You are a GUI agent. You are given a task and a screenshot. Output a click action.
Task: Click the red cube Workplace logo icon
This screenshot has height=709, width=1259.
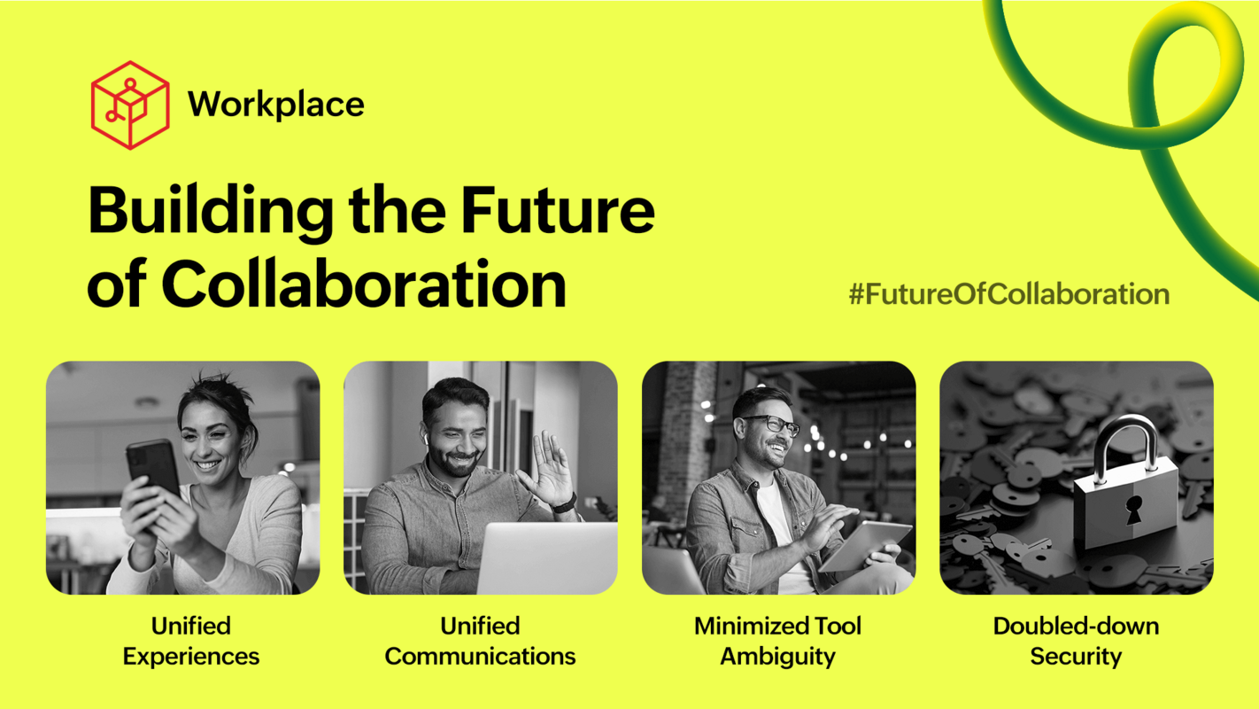pos(129,105)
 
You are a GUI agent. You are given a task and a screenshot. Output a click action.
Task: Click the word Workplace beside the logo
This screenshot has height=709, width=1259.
pos(275,105)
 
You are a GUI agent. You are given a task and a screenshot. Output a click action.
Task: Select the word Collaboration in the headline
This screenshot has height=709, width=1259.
pos(363,285)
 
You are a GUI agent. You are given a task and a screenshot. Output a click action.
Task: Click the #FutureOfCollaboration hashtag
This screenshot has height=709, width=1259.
pos(1008,294)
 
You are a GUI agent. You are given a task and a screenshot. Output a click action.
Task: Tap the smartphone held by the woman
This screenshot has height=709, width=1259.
pos(151,466)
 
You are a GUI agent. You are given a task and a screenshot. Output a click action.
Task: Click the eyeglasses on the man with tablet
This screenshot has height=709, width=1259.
pos(771,425)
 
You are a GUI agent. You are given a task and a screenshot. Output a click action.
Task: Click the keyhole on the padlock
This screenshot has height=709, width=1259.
pos(1132,510)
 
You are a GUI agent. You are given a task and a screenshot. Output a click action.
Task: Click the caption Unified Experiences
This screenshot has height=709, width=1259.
pos(191,641)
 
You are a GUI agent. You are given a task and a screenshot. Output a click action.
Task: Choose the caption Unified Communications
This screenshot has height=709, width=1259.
pos(480,641)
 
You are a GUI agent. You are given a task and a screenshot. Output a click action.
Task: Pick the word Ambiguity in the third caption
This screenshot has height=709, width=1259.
pos(777,657)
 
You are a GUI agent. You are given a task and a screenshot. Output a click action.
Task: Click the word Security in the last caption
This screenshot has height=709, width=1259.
pos(1075,657)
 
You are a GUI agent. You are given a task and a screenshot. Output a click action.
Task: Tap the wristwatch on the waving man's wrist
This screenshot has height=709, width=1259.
pos(564,504)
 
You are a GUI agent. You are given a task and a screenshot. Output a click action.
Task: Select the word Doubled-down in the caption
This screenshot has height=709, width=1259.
pos(1075,626)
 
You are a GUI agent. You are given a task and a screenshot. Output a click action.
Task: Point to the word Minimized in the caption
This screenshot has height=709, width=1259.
pos(735,626)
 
